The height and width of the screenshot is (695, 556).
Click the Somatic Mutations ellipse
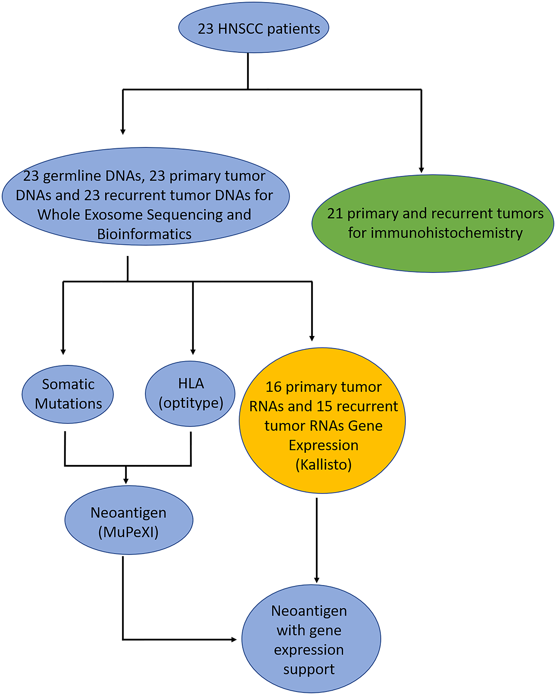[x=68, y=394]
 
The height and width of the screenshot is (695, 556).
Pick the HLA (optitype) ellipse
[x=190, y=393]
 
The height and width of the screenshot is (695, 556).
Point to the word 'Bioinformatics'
[x=144, y=234]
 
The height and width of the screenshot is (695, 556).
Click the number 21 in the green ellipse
[x=335, y=213]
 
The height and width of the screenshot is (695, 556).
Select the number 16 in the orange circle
[x=274, y=387]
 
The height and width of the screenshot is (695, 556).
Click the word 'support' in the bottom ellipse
[x=309, y=669]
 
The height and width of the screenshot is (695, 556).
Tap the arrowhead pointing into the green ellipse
[x=421, y=170]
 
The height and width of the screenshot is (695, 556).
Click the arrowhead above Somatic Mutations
[x=63, y=352]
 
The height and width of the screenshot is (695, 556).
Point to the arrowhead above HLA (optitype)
[x=193, y=352]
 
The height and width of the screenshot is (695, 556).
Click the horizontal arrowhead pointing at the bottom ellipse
[x=234, y=639]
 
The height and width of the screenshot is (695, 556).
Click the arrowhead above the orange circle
[x=312, y=338]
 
